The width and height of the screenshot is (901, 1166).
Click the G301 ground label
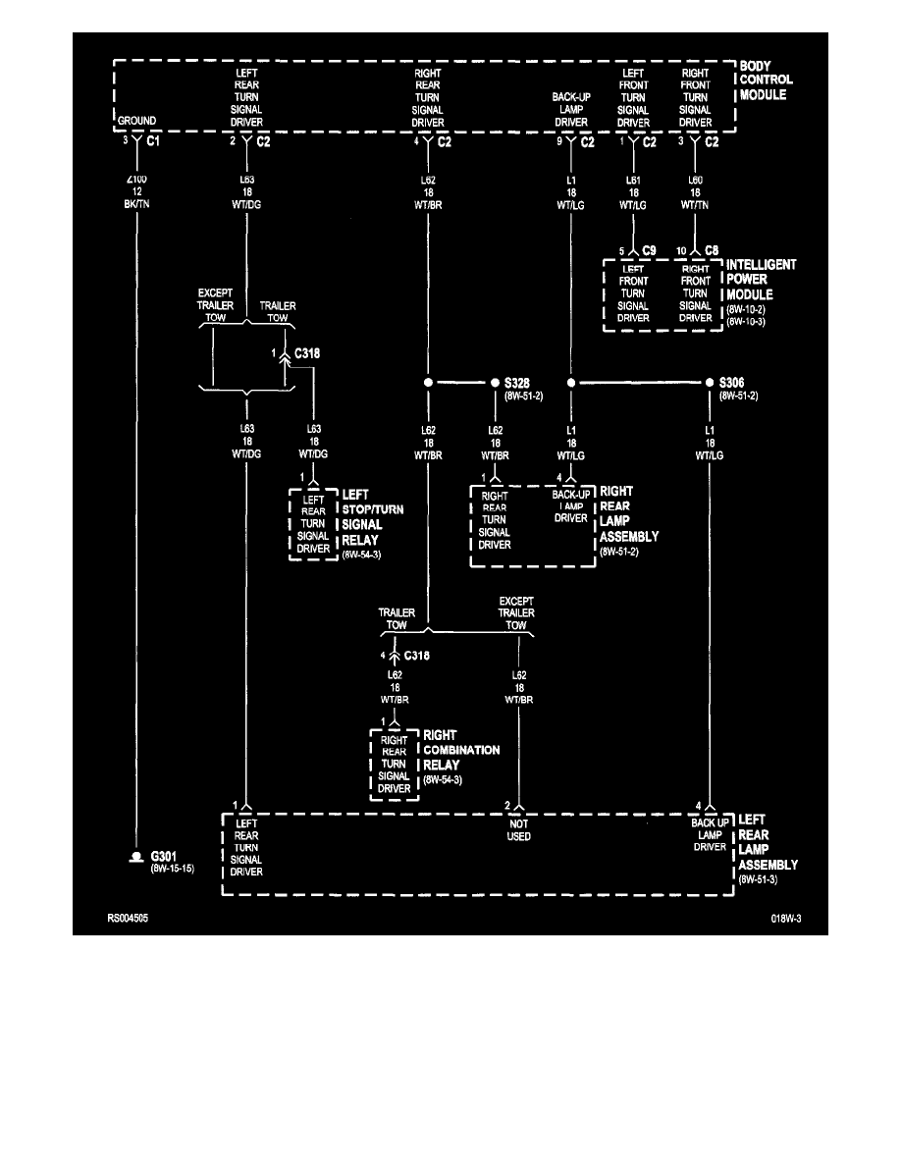164,857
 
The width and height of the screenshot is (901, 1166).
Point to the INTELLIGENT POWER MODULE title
762,280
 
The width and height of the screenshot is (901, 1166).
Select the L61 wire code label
633,181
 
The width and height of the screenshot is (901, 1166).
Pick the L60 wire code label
695,181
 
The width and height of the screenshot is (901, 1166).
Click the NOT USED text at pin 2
519,829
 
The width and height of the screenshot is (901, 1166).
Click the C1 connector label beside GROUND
153,141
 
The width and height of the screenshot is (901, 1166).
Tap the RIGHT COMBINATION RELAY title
461,750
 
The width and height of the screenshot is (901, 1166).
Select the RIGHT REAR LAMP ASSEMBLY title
629,513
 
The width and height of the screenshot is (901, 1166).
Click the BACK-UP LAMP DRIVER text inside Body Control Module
570,111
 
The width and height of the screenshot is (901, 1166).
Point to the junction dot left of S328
429,382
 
